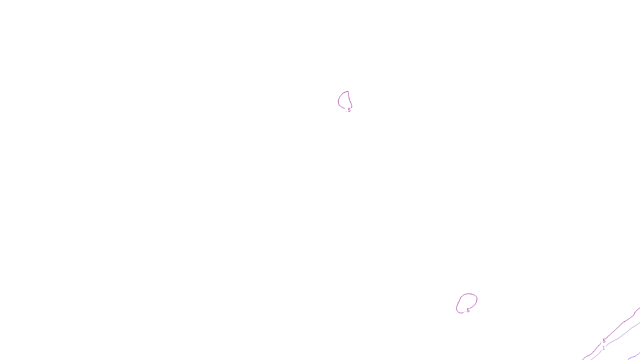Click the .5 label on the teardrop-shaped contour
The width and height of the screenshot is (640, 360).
pos(349,110)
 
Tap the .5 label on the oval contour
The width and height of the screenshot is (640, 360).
pos(468,310)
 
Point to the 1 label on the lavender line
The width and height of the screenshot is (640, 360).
pos(604,348)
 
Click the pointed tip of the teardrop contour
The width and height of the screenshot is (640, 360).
pos(348,92)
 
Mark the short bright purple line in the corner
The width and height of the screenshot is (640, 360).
pos(635,356)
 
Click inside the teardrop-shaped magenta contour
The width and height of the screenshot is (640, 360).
pos(344,100)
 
